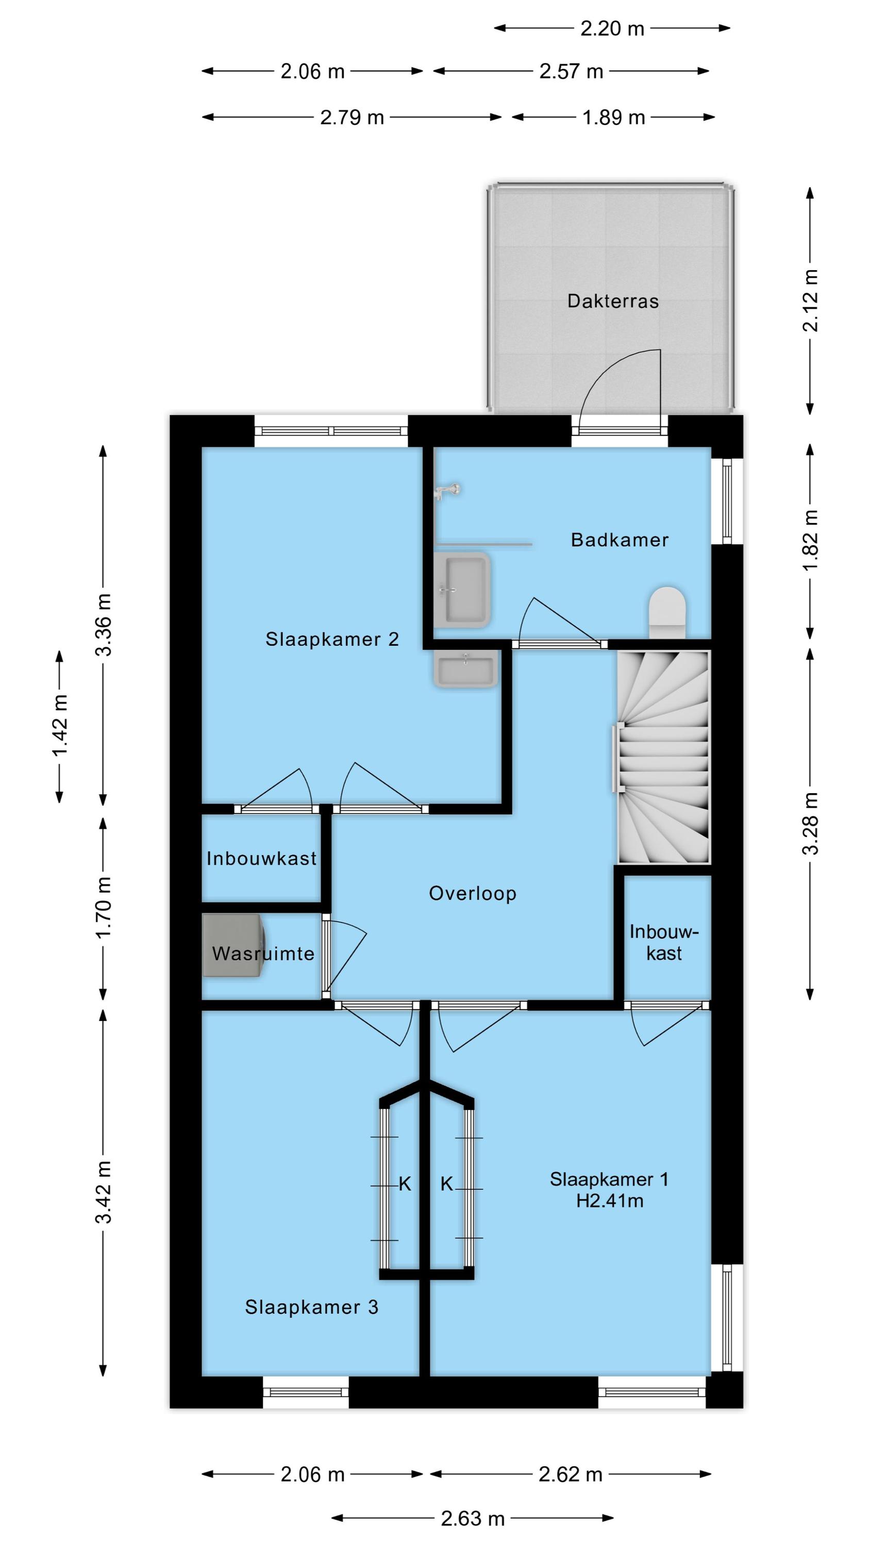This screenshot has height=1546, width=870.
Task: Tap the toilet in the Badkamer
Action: (667, 612)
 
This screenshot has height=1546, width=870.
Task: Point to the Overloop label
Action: (473, 894)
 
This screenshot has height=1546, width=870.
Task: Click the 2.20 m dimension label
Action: (612, 28)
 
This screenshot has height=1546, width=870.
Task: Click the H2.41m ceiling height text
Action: (609, 1200)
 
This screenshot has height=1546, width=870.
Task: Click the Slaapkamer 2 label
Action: (332, 639)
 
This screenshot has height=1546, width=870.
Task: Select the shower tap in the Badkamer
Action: (447, 490)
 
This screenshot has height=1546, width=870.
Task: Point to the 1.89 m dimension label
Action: (613, 117)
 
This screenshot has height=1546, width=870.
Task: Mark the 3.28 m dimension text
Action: (811, 823)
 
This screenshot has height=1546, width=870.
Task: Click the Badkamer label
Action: (620, 540)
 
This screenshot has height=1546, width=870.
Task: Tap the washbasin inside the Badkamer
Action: (462, 590)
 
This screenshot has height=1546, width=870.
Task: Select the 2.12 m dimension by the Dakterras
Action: (811, 300)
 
